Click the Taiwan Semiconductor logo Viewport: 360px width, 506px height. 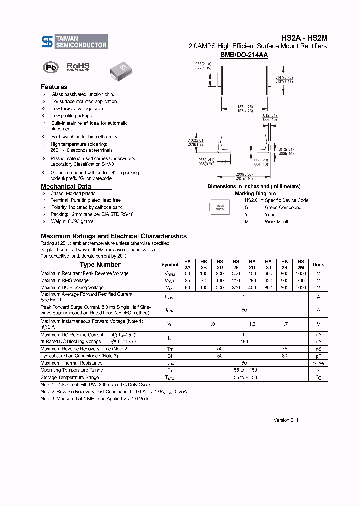(x=74, y=42)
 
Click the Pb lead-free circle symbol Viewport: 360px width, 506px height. (x=50, y=67)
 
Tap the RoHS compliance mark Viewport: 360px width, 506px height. (x=78, y=67)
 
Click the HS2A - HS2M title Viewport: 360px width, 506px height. (x=304, y=37)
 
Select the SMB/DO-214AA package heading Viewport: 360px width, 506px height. (x=244, y=55)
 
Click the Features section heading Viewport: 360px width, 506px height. (x=54, y=87)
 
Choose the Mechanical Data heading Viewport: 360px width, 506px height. (x=66, y=187)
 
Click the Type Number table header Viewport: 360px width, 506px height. (x=100, y=265)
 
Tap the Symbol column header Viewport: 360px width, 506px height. (x=170, y=265)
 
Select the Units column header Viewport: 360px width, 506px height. (x=318, y=265)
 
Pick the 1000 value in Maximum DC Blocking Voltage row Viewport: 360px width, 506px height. (x=300, y=288)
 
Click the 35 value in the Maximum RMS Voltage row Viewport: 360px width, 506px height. (x=187, y=281)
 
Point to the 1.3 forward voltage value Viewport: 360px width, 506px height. (x=252, y=324)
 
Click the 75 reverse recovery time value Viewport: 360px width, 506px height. (x=284, y=349)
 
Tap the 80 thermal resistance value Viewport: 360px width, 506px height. (x=244, y=363)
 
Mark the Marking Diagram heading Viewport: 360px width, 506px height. (x=255, y=193)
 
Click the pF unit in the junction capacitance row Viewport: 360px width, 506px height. (x=318, y=356)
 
